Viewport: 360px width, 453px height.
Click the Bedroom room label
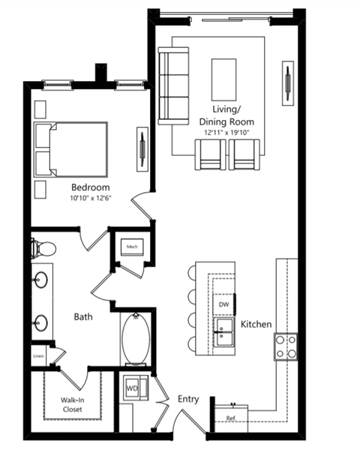91,187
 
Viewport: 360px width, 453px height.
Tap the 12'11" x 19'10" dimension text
226,133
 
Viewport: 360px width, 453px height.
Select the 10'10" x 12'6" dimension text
91,198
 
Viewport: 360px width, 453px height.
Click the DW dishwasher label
223,304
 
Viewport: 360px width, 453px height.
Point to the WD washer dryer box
136,388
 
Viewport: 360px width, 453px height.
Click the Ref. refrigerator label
231,418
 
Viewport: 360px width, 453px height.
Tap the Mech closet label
132,247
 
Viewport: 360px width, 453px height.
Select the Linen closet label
38,356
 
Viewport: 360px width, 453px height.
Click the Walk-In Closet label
73,405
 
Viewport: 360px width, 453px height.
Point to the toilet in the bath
43,248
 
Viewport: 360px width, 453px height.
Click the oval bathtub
136,338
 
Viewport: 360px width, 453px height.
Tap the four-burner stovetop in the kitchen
286,346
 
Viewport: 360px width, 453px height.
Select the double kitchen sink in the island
223,332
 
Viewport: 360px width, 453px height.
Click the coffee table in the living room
223,79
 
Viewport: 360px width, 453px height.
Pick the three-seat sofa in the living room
173,86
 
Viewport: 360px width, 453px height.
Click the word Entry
188,399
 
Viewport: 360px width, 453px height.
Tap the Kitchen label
256,324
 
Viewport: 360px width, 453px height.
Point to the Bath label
83,316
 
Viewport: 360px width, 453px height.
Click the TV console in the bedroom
142,149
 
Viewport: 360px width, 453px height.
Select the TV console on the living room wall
288,83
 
